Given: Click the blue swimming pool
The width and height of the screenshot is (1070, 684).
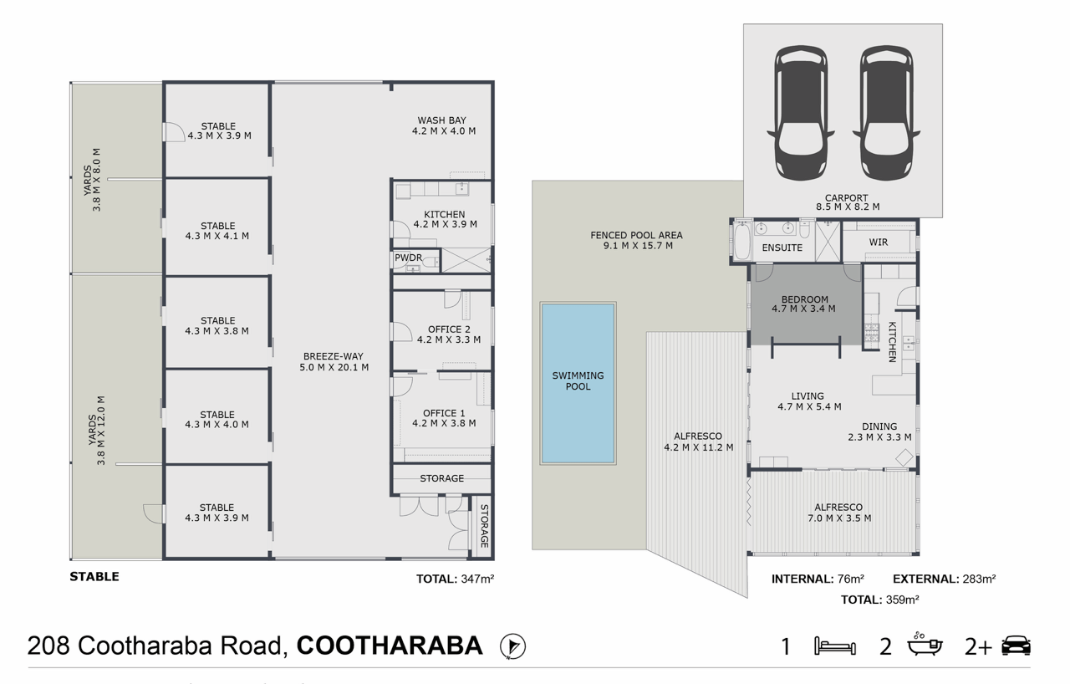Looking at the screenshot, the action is pos(578,383).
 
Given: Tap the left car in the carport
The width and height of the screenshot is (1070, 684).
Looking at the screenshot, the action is pos(801,113).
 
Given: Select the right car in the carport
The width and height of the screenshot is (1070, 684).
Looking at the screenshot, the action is pos(887,113).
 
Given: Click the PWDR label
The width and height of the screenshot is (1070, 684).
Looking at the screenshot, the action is pos(408,258).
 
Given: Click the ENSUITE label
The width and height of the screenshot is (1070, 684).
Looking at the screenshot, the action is pos(782,248).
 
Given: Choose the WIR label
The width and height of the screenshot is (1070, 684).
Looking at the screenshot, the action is pos(878,242).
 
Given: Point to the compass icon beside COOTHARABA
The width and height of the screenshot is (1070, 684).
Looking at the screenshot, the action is pos(512,646).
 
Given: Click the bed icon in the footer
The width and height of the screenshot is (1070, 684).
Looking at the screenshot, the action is pos(835,646).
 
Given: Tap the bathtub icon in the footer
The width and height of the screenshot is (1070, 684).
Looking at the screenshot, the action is pos(925,644).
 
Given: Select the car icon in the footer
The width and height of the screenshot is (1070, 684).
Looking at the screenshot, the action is pos(1016,646).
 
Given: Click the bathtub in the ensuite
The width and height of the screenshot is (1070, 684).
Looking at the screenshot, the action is pos(741,241).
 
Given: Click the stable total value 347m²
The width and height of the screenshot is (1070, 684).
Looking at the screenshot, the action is pos(477,579).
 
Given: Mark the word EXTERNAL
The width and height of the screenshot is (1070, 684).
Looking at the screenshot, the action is pos(925,579).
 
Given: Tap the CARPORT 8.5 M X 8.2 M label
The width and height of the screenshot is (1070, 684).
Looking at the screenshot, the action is pos(848,202).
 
